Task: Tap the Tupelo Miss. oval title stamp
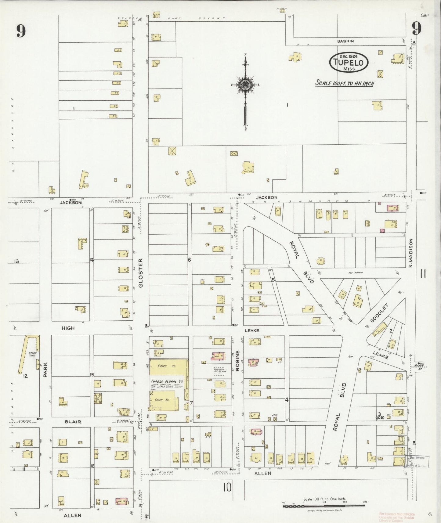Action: (349, 62)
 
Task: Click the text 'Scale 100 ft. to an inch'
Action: (345, 83)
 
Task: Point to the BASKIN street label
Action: (345, 41)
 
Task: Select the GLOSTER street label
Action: (141, 273)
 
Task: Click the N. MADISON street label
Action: (411, 253)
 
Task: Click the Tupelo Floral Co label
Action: (166, 381)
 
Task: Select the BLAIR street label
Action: (73, 422)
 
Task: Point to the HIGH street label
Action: (68, 328)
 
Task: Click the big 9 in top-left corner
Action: (21, 31)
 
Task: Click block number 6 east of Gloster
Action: (189, 260)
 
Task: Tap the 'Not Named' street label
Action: (355, 272)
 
